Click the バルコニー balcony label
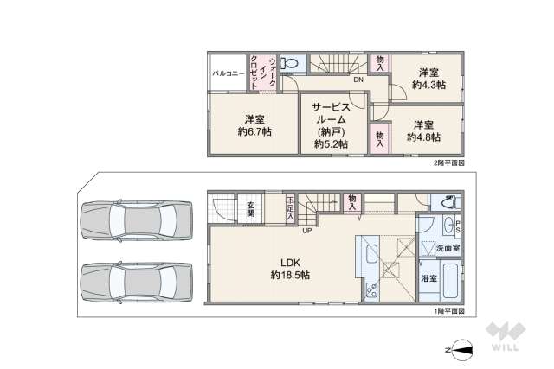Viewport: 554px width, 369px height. tap(229, 74)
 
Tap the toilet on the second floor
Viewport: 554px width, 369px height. tap(292, 64)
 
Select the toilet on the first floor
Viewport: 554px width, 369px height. tap(447, 203)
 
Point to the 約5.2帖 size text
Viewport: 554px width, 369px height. tap(331, 144)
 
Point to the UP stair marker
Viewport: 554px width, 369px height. tap(307, 230)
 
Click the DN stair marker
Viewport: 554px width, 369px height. tap(357, 80)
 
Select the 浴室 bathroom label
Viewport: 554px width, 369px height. tap(428, 278)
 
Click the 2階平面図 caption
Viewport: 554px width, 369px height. tap(448, 162)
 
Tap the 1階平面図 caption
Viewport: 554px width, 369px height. tap(448, 310)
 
